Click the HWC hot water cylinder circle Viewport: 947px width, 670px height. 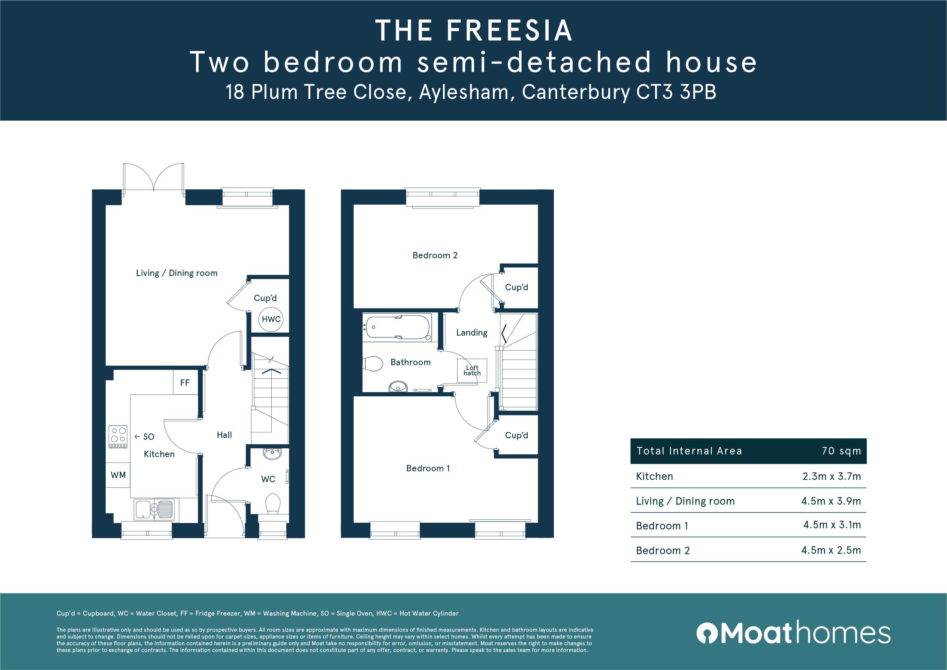[x=271, y=319]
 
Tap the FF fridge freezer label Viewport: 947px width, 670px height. [x=185, y=383]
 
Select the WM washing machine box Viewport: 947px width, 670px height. [x=118, y=475]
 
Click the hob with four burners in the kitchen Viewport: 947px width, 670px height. [x=118, y=436]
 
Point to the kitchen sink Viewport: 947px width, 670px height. [x=154, y=510]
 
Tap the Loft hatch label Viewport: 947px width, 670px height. [x=472, y=370]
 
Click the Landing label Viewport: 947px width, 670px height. [x=472, y=333]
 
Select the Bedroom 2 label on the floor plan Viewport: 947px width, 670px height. [x=435, y=255]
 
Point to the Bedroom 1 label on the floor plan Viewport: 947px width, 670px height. [x=428, y=468]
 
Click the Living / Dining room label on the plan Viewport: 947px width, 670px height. [x=177, y=273]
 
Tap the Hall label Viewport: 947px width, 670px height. [x=224, y=435]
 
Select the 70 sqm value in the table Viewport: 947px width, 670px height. [x=841, y=451]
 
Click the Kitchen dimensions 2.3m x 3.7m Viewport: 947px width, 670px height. [x=832, y=477]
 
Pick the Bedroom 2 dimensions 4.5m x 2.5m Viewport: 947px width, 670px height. [x=831, y=550]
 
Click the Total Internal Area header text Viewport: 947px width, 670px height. [x=689, y=451]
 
